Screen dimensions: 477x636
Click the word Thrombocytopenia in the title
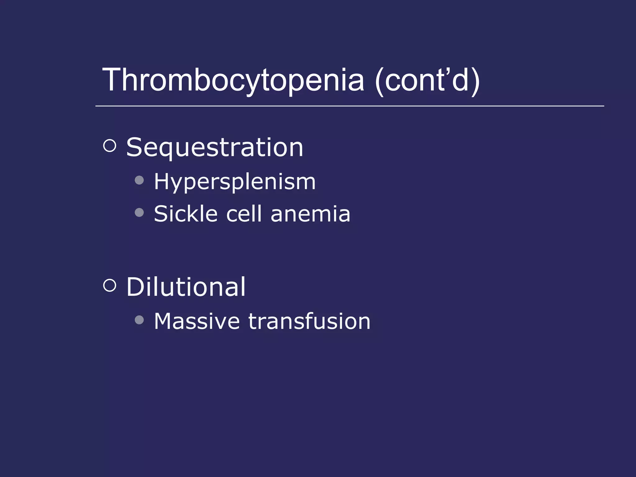pyautogui.click(x=233, y=80)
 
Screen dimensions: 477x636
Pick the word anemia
pyautogui.click(x=310, y=214)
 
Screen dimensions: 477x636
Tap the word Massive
pyautogui.click(x=197, y=321)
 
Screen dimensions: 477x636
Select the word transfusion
pyautogui.click(x=309, y=321)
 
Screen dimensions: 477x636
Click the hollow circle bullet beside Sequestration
pyautogui.click(x=110, y=146)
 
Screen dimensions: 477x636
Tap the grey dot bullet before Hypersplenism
pyautogui.click(x=139, y=180)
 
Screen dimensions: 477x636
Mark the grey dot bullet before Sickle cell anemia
pyautogui.click(x=139, y=212)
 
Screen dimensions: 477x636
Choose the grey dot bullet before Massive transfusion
pyautogui.click(x=139, y=320)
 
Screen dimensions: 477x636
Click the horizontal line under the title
pyautogui.click(x=349, y=106)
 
